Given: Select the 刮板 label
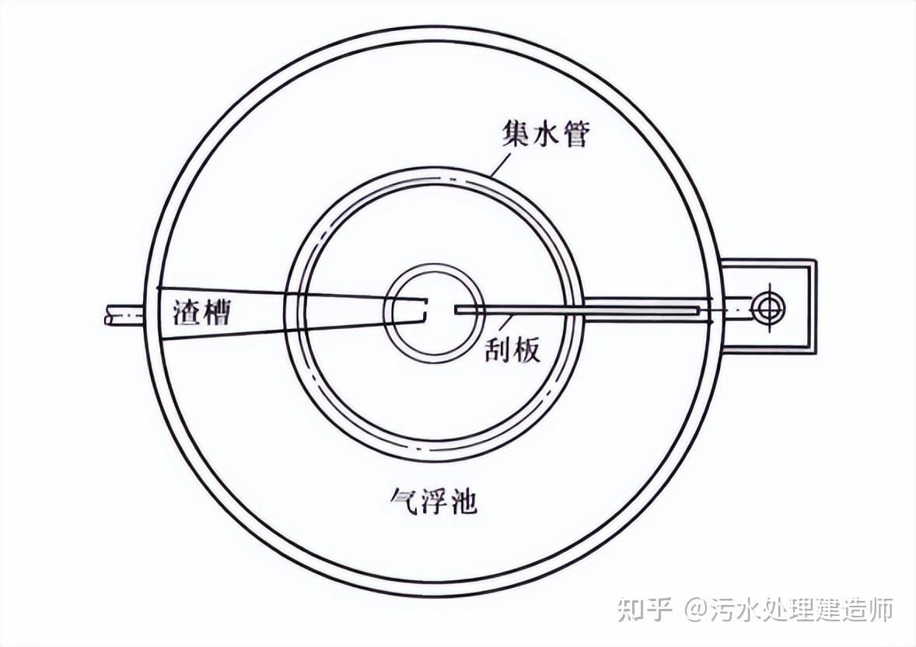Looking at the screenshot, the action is pyautogui.click(x=514, y=351).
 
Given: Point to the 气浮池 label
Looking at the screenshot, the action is pyautogui.click(x=432, y=501).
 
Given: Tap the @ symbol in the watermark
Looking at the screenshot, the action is pyautogui.click(x=695, y=609).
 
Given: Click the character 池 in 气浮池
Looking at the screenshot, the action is pyautogui.click(x=462, y=501).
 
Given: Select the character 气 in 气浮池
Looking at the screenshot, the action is pyautogui.click(x=403, y=501).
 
